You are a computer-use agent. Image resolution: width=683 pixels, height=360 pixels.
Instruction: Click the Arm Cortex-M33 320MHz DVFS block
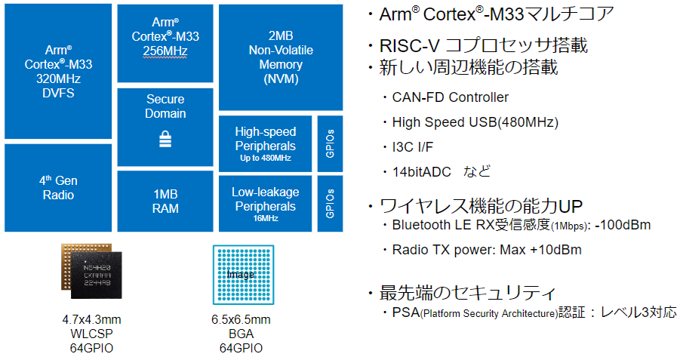tap(58, 72)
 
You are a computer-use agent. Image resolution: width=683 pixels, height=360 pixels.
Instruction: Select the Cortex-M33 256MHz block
tap(165, 43)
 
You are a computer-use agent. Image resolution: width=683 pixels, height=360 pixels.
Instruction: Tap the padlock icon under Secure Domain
tap(165, 139)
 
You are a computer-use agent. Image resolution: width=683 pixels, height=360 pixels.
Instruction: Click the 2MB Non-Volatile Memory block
tap(281, 57)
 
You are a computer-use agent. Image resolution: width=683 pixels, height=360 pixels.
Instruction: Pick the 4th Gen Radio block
tap(58, 188)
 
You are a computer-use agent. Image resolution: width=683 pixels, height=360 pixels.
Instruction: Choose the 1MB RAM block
tap(165, 201)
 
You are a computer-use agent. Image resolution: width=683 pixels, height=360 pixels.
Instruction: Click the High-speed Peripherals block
tap(265, 144)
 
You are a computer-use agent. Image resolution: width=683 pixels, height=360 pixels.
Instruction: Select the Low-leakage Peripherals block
tap(265, 204)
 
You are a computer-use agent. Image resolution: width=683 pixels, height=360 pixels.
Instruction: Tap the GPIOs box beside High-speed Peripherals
tap(330, 144)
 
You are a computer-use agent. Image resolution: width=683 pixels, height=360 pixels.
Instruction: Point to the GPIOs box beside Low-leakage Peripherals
tap(330, 204)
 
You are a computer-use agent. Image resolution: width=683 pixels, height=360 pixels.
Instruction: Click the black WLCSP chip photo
tap(97, 275)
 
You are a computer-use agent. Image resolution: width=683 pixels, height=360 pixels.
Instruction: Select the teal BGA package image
tap(243, 275)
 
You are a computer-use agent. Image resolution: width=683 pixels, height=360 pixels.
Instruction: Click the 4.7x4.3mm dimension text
tap(91, 319)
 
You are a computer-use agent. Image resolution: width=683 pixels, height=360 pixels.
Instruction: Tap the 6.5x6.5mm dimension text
tap(241, 319)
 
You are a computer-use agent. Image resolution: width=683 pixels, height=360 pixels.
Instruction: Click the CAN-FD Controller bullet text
tap(450, 97)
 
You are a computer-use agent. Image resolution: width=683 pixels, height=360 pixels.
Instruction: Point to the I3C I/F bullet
tap(413, 147)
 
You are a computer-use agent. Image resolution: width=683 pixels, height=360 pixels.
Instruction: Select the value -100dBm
tap(623, 225)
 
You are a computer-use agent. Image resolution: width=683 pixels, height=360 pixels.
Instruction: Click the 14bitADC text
tap(421, 172)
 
